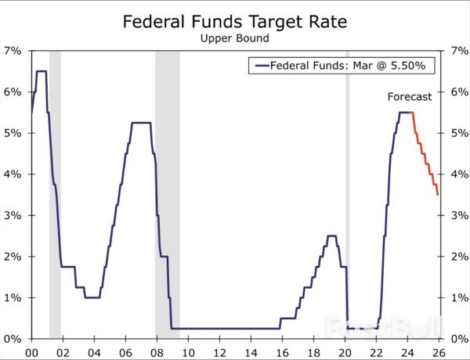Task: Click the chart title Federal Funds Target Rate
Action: [234, 21]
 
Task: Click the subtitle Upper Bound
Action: [234, 37]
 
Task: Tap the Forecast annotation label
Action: [410, 97]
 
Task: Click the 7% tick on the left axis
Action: [13, 50]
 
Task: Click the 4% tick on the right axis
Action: [457, 174]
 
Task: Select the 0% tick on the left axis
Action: [13, 339]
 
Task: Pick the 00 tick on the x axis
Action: [31, 352]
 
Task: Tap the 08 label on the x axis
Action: [157, 352]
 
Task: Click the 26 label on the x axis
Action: [438, 352]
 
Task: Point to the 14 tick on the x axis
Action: [250, 352]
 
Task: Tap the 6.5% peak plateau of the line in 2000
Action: [41, 71]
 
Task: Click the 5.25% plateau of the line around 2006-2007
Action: [141, 123]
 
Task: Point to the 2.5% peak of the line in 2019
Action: [331, 236]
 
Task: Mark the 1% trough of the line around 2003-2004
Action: [92, 297]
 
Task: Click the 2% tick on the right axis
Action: [457, 257]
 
